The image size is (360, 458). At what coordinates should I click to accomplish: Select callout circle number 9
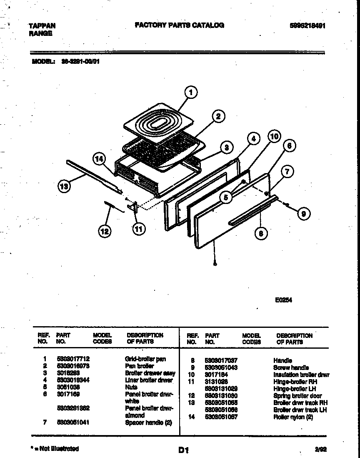pos(303,214)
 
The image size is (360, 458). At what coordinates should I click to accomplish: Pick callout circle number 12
pos(105,231)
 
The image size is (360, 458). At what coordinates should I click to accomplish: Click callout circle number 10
pos(273,136)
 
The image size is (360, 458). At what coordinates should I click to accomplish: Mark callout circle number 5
pos(226,197)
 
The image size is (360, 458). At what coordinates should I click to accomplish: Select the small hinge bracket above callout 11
pos(134,206)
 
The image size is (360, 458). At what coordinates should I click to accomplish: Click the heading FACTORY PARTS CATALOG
pos(179,25)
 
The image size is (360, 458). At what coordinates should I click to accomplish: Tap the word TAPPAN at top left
pos(42,26)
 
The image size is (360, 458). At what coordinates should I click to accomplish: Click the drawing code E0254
pos(283,299)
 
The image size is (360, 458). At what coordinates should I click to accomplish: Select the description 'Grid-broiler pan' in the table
pos(145,359)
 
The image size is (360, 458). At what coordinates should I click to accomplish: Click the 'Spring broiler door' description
pos(297,395)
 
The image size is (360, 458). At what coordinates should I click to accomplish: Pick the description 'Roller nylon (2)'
pos(293,417)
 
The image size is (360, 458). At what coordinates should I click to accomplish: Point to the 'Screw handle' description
pos(291,367)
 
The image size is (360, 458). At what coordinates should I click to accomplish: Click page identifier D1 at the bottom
pos(184,450)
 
